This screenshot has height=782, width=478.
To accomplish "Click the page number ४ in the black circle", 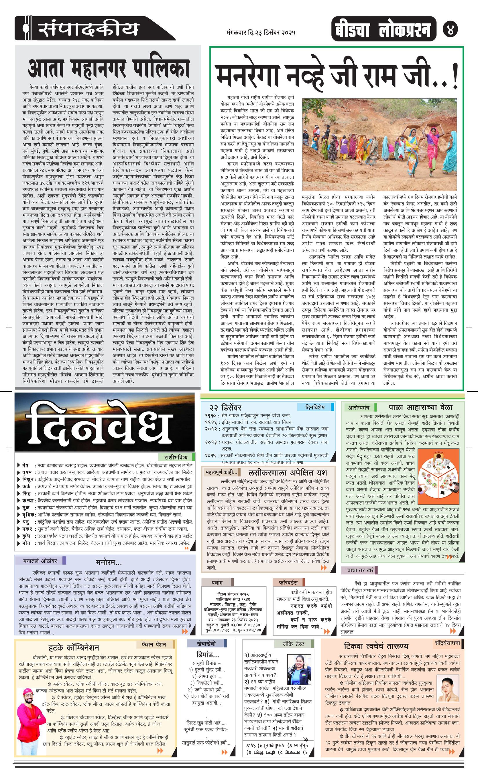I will (450, 29).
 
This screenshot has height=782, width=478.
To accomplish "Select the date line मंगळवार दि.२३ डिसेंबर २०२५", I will (261, 32).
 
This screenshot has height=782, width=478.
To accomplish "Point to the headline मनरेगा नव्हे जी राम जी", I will (336, 76).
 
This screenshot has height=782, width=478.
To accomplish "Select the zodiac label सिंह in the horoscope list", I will (27, 494).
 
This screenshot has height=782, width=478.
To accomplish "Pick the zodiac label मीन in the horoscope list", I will (26, 543).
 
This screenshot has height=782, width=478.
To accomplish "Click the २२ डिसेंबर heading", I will (225, 408).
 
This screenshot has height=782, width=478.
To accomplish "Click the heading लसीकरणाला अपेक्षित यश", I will (288, 473).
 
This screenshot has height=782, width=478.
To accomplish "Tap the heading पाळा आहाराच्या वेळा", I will (420, 407).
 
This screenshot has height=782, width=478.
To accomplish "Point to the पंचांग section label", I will (217, 582).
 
